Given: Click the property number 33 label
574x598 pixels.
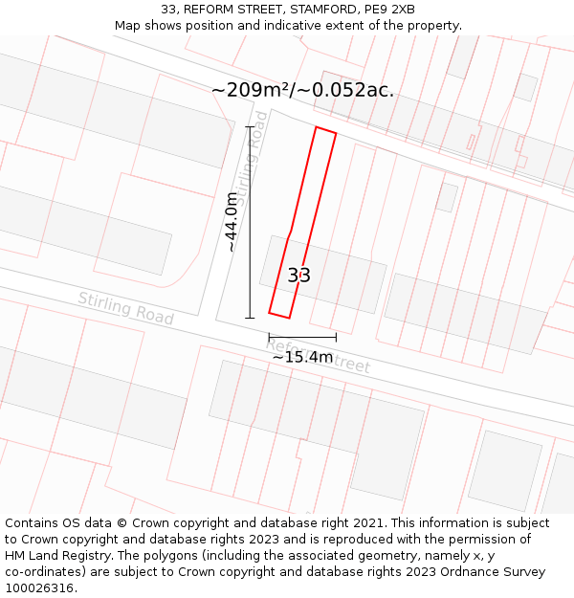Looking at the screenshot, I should pyautogui.click(x=299, y=276).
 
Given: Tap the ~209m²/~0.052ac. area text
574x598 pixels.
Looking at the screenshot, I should pyautogui.click(x=302, y=90).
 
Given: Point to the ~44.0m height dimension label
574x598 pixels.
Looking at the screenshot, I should pyautogui.click(x=231, y=222).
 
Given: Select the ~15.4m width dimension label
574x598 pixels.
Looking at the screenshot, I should pyautogui.click(x=302, y=357).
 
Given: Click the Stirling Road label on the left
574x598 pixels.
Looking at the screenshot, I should pyautogui.click(x=125, y=308).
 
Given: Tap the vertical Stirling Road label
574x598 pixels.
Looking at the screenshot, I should pyautogui.click(x=252, y=170).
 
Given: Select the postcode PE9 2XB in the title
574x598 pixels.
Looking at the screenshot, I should pyautogui.click(x=390, y=10).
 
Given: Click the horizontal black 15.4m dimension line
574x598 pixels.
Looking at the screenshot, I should pyautogui.click(x=302, y=337).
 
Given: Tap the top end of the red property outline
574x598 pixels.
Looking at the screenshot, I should pyautogui.click(x=325, y=131).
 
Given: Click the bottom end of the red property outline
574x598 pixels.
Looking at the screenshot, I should pyautogui.click(x=279, y=314).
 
